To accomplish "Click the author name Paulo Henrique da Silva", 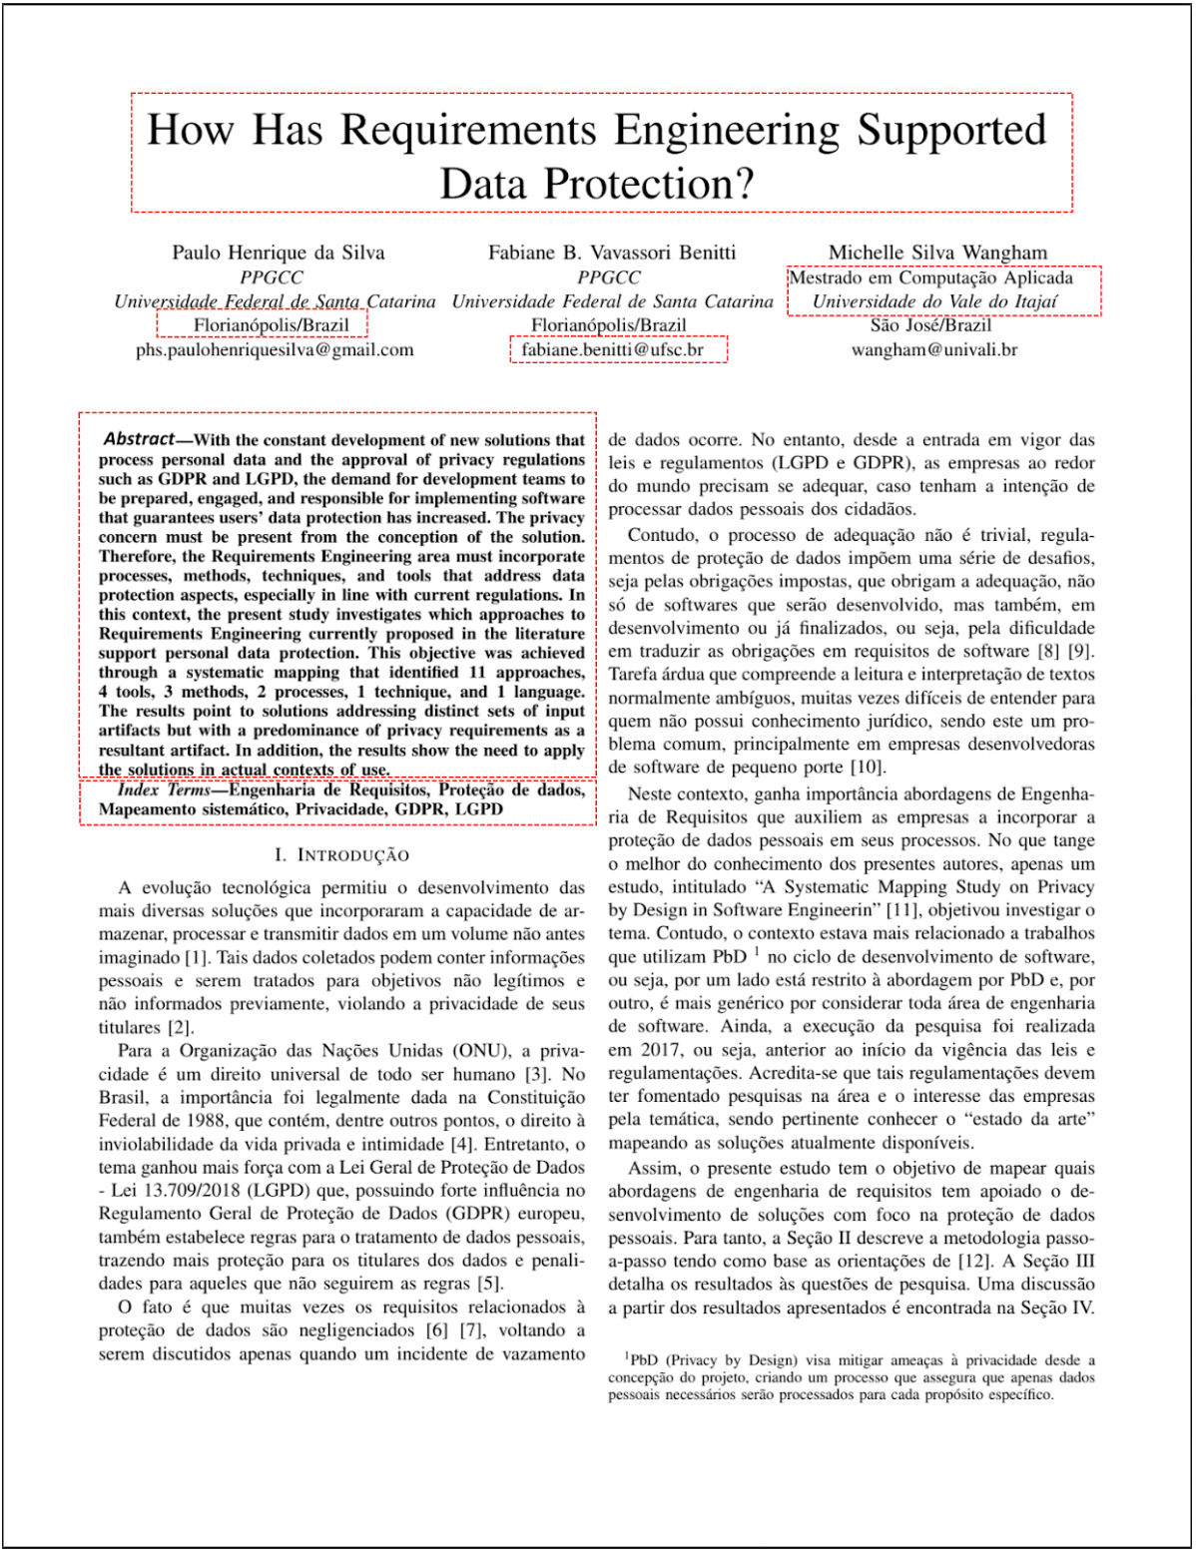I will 278,253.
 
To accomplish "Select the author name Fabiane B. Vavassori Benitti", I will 611,253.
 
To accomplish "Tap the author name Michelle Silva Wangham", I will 937,253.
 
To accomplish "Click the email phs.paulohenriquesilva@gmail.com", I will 275,350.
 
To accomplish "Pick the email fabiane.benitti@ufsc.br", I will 612,350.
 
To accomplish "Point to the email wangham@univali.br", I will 933,350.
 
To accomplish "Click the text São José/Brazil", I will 930,325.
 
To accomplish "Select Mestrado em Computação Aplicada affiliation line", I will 930,278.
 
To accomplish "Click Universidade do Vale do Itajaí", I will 933,301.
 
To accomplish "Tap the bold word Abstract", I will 139,439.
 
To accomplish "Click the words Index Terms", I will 164,790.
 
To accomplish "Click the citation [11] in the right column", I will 903,910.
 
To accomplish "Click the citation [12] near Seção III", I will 975,1262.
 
